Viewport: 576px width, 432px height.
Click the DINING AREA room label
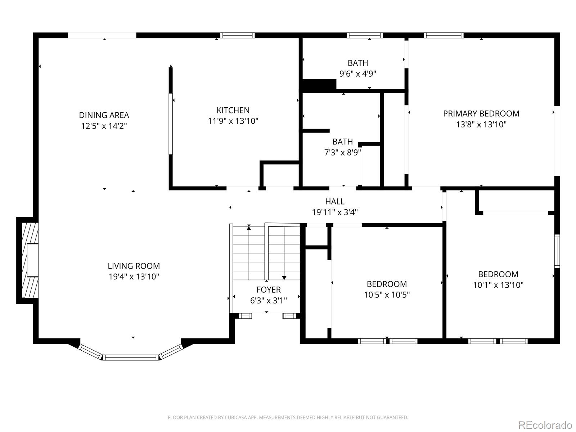tap(104, 115)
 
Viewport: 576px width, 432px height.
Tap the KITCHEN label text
tap(233, 110)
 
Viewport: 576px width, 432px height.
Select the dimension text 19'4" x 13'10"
tap(134, 276)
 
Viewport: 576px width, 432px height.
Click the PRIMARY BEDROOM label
tap(481, 113)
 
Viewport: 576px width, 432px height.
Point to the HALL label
tap(335, 202)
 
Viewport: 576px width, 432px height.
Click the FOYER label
tap(269, 289)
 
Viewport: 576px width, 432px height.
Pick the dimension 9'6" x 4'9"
tap(358, 74)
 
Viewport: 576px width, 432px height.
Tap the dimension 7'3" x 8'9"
tap(342, 152)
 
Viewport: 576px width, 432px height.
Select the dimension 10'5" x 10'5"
tap(387, 295)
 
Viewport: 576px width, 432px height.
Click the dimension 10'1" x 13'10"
tap(498, 285)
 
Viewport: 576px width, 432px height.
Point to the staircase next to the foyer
tap(266, 252)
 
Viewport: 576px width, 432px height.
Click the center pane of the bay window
tap(130, 357)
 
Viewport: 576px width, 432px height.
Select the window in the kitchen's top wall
tap(237, 35)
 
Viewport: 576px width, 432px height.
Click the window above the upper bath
tap(364, 35)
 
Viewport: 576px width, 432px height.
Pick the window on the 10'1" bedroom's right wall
tap(557, 251)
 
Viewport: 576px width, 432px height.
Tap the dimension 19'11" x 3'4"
tap(335, 212)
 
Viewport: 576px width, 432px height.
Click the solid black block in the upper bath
tap(319, 85)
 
